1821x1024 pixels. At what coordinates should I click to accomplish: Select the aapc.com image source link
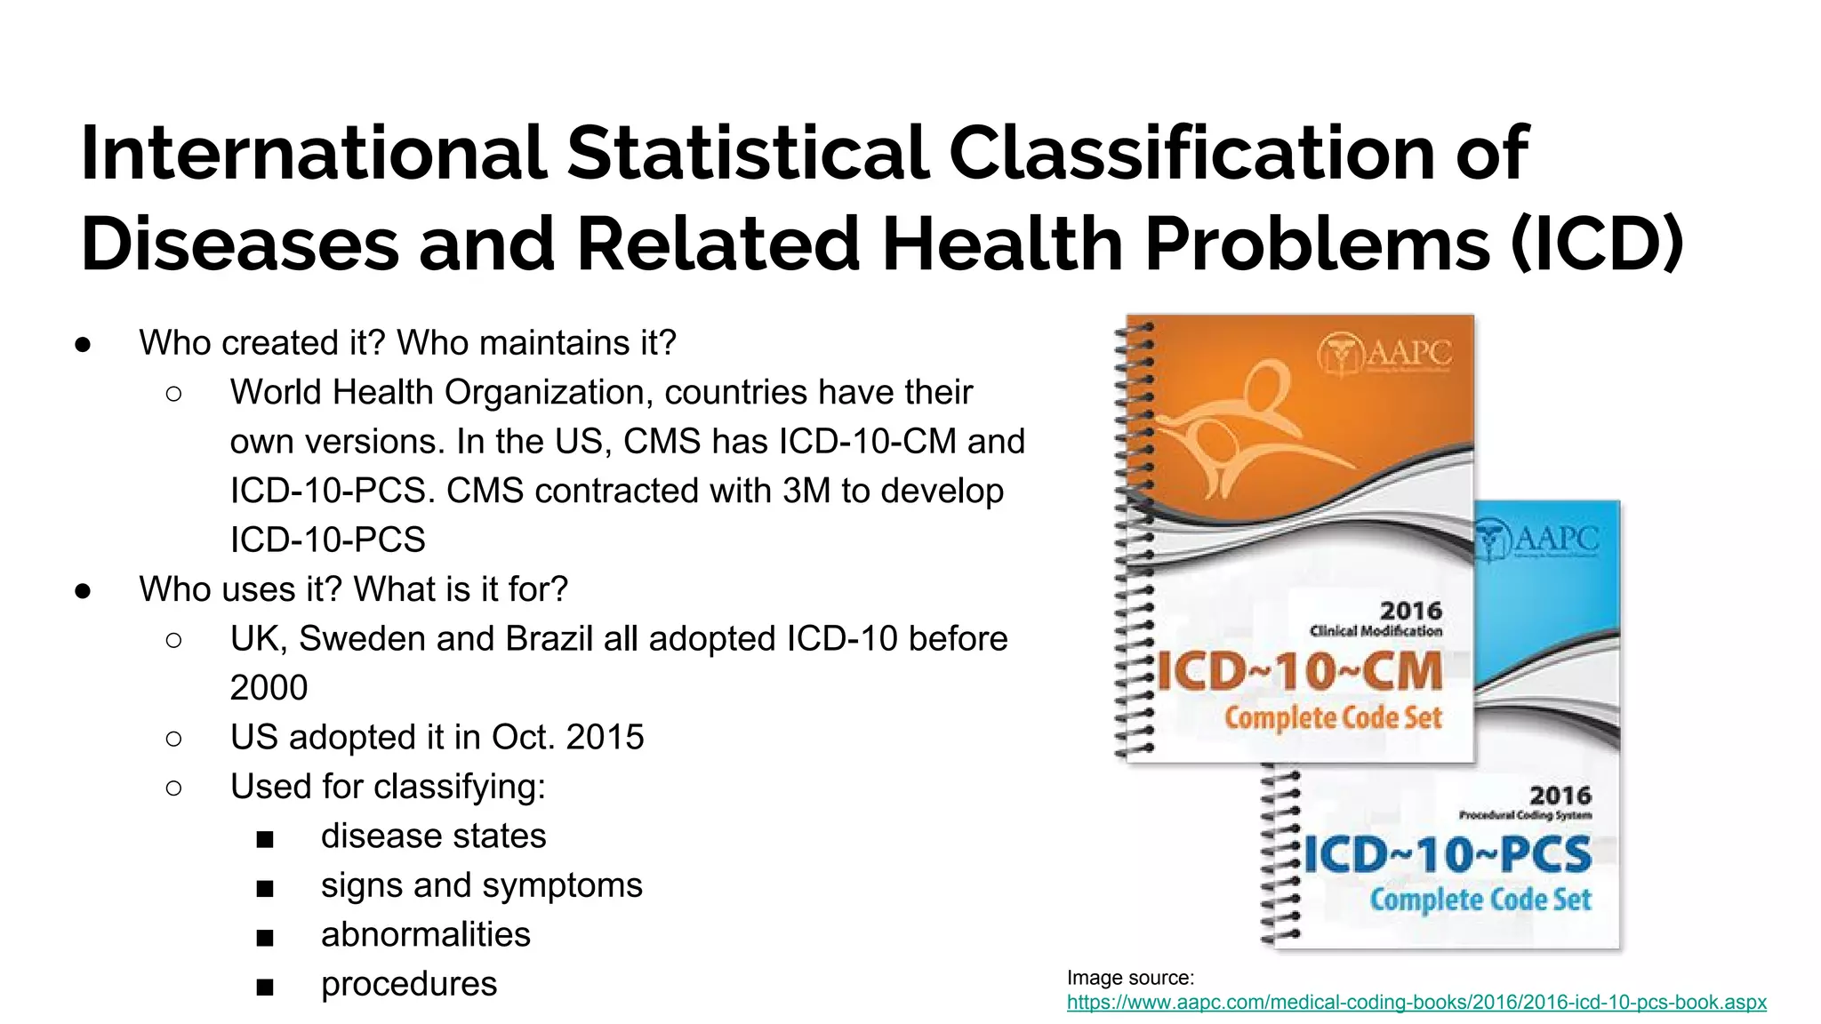pos(1416,1002)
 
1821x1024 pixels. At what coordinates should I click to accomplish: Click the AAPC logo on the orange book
pos(1384,354)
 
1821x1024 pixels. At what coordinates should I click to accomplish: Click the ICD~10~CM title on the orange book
pos(1299,671)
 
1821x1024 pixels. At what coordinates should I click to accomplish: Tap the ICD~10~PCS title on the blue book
pos(1447,854)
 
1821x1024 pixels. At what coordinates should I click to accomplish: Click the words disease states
pos(433,836)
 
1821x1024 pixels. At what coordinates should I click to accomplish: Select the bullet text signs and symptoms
pos(481,885)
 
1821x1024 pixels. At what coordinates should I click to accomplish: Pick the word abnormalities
pos(425,934)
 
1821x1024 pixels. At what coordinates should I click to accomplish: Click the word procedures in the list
pos(409,984)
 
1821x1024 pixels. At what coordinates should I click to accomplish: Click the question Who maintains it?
pos(536,342)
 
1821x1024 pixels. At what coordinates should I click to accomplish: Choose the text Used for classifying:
pos(388,787)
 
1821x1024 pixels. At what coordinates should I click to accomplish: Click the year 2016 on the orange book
pos(1410,611)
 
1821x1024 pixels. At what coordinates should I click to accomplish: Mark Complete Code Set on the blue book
pos(1480,900)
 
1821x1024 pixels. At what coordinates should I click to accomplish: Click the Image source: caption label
pos(1130,978)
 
